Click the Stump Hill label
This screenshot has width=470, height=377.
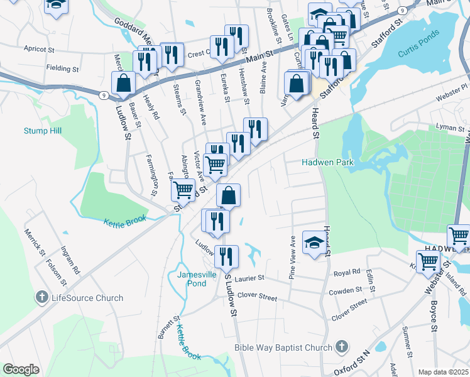(x=43, y=131)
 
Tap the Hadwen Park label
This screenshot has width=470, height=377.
(x=329, y=162)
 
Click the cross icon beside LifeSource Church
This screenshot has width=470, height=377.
(x=42, y=297)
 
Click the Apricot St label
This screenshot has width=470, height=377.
(x=40, y=48)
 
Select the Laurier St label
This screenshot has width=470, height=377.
(x=250, y=277)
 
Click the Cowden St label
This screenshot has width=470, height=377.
(x=346, y=292)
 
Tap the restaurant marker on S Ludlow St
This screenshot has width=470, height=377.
(x=226, y=256)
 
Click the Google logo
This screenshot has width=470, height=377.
(x=21, y=369)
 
